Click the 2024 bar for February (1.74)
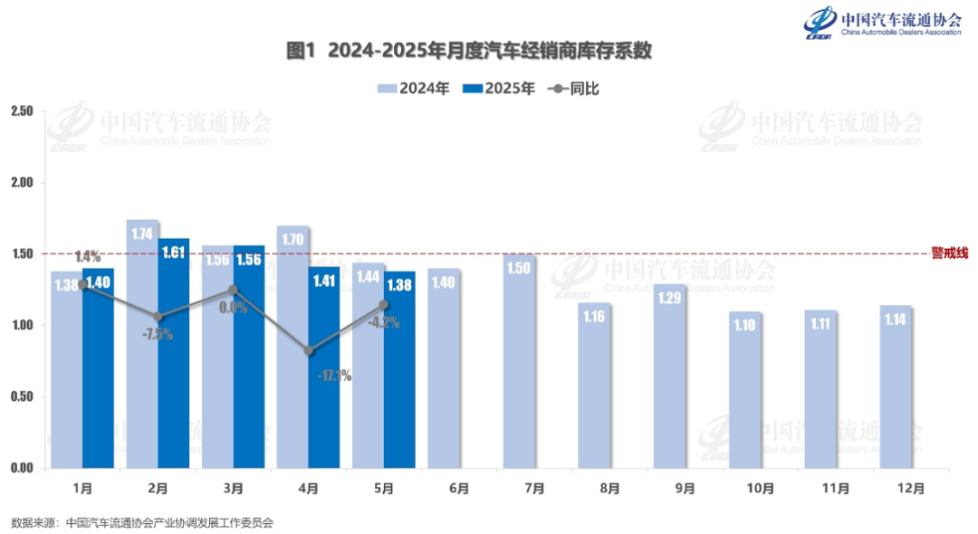(x=142, y=344)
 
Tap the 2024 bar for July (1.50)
(x=519, y=361)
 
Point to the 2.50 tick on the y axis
(x=21, y=111)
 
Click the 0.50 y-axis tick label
(x=21, y=397)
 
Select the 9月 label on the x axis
(x=685, y=489)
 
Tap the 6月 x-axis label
(x=459, y=489)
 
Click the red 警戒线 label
(x=949, y=253)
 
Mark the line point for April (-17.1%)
(x=309, y=350)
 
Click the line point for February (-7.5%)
(x=158, y=317)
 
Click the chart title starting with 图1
(x=469, y=52)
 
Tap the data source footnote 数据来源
(x=142, y=522)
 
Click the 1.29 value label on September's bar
(x=670, y=297)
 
